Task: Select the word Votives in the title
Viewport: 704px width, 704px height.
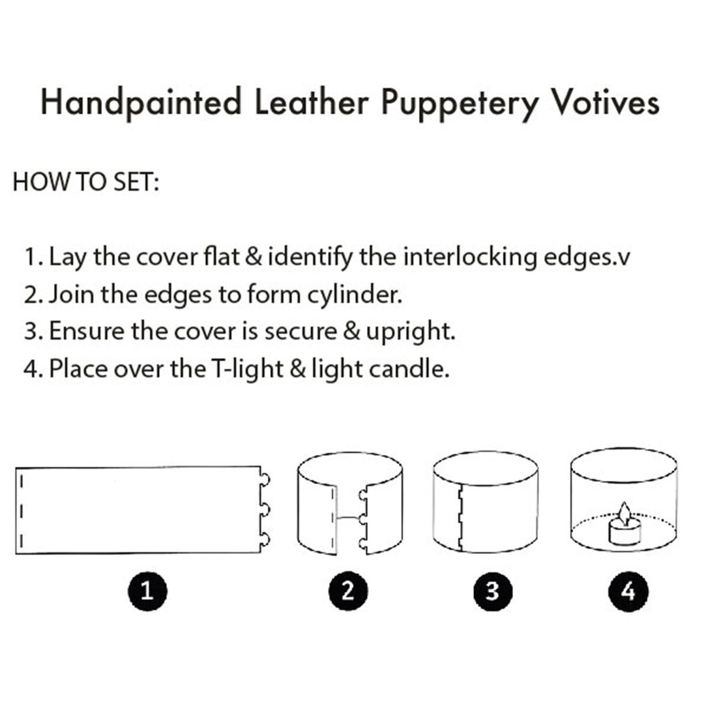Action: tap(605, 102)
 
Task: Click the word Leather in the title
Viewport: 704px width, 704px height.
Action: tap(312, 102)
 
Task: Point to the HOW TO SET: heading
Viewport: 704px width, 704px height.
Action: tap(86, 183)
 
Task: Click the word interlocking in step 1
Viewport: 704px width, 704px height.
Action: tap(469, 257)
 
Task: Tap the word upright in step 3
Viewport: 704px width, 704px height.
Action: tap(411, 332)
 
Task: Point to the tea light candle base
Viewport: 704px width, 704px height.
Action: tap(625, 533)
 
